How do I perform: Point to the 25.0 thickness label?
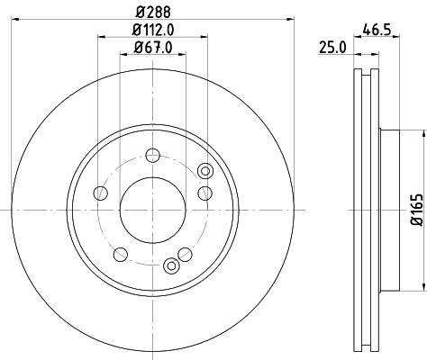click(333, 49)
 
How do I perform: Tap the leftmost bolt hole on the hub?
click(101, 193)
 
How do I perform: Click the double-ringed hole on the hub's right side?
click(204, 171)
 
